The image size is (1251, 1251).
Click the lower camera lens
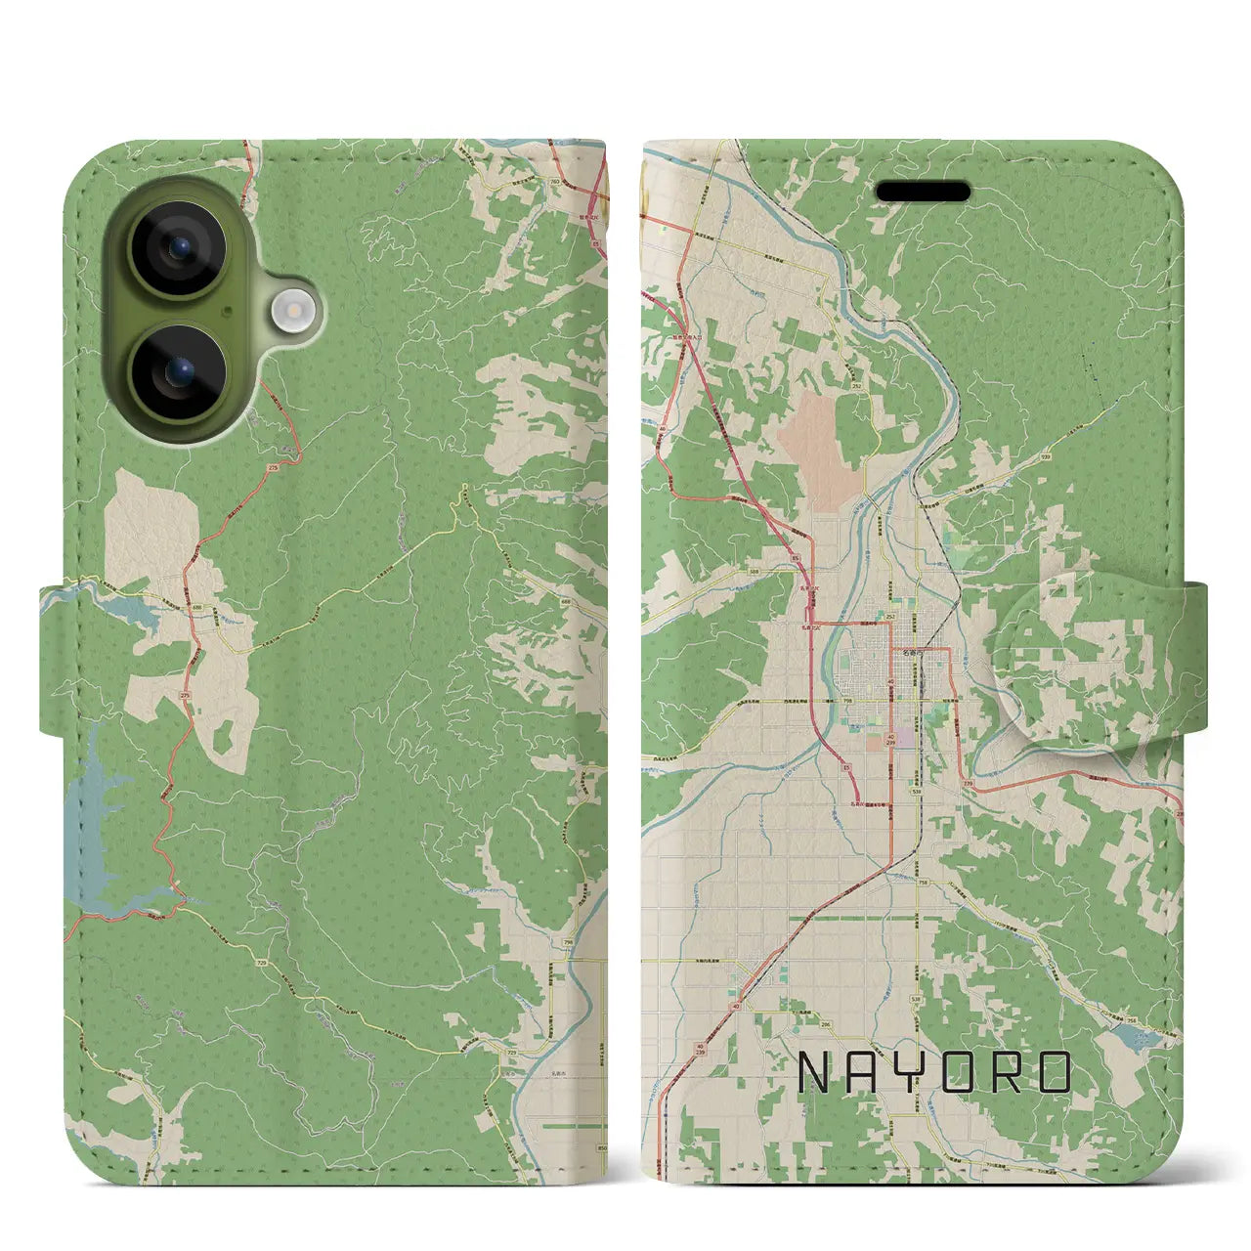[178, 372]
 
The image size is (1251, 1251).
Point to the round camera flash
[290, 311]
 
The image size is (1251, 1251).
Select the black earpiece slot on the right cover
[923, 192]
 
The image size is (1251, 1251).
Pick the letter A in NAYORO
[867, 1072]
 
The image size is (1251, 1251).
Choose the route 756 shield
[1132, 1020]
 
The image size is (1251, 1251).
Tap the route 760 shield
[556, 182]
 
